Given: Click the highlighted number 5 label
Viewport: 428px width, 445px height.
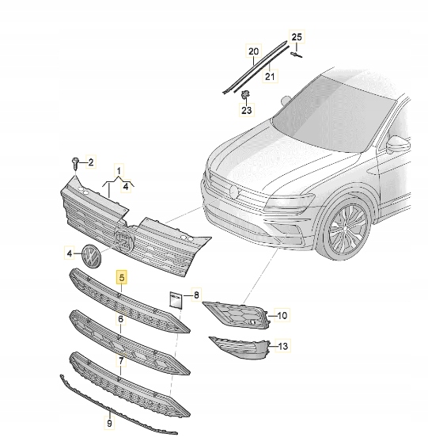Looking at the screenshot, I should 121,278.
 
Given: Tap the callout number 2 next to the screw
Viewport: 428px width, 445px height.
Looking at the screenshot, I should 90,162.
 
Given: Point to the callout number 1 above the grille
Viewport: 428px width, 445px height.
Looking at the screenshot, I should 120,172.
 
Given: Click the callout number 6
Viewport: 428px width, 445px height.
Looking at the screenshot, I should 121,319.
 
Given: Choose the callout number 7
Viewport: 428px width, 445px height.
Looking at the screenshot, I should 121,360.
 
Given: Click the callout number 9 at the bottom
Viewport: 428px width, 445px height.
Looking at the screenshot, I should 109,424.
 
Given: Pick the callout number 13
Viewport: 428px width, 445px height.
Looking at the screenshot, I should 283,346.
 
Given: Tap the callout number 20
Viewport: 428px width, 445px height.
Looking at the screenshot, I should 254,53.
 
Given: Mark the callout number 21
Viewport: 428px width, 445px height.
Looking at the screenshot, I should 269,77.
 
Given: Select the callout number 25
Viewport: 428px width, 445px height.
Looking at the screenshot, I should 297,37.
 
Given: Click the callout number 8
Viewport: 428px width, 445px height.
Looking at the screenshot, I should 197,294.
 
